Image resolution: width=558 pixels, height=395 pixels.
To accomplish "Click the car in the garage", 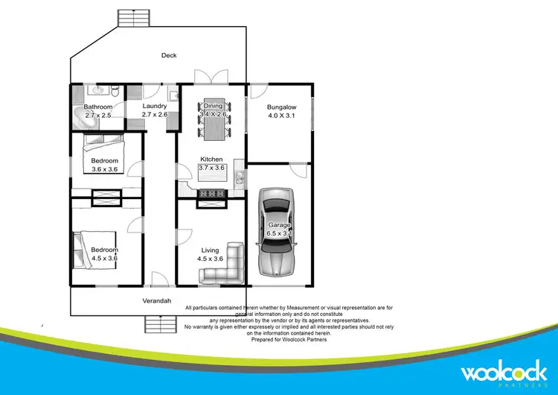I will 275,233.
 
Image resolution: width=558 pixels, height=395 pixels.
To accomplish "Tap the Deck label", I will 170,55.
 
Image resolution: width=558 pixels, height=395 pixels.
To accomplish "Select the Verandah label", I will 158,301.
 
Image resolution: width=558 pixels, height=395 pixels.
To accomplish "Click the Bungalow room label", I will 282,107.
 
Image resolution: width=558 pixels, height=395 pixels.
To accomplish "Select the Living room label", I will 210,250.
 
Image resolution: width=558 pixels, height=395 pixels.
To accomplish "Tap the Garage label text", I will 280,225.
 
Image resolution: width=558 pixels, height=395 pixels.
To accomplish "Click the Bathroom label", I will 98,107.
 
